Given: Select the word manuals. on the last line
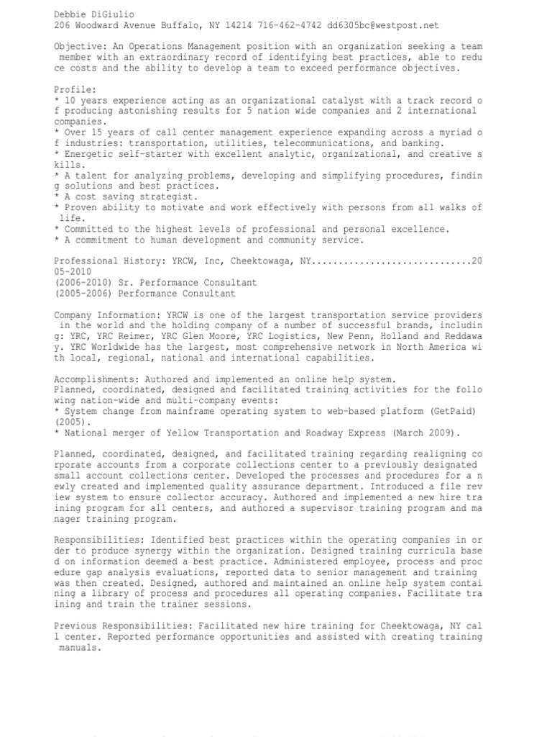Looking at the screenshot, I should point(80,648).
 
